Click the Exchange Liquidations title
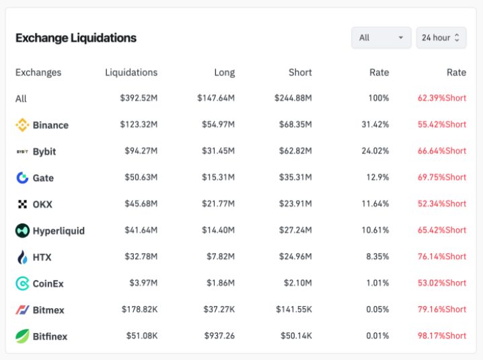pos(76,38)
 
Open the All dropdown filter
pos(381,38)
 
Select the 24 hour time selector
pos(441,38)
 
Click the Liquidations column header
pos(131,73)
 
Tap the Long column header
pos(224,73)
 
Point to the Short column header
pos(300,73)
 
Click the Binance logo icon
pos(22,124)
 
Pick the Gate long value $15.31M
pos(219,178)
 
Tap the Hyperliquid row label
pos(59,231)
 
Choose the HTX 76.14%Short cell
pos(441,256)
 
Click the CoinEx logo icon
pos(22,283)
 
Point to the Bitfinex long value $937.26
pos(219,336)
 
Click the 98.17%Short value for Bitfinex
pos(441,336)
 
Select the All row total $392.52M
pos(139,98)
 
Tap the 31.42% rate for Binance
pos(375,124)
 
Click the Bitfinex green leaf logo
pos(22,336)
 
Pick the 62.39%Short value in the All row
pos(441,98)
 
